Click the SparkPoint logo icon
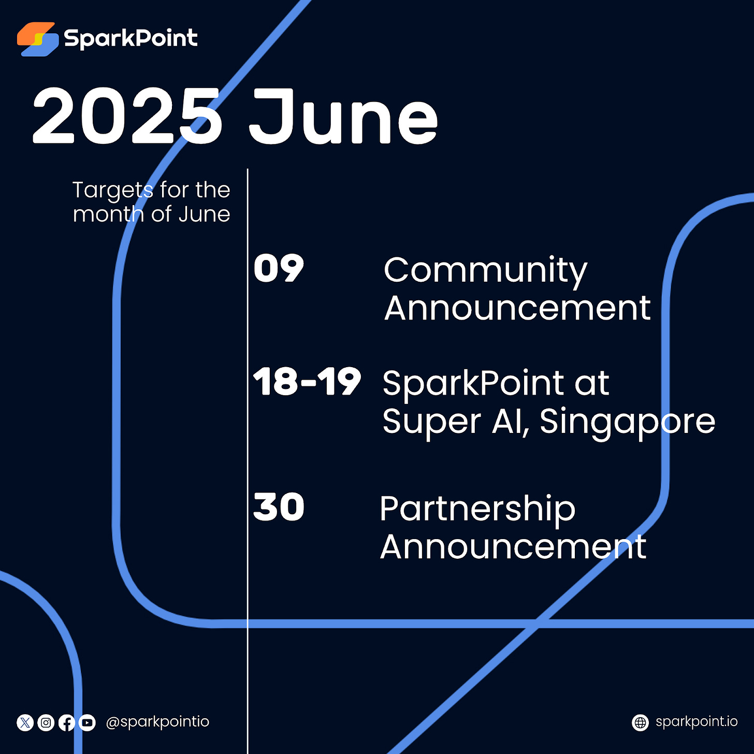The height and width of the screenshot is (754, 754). coord(38,39)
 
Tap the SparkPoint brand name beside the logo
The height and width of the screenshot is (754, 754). coord(130,39)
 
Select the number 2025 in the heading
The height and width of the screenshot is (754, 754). coord(127,117)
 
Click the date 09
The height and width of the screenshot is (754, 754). coord(279,269)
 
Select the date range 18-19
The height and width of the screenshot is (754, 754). coord(307,382)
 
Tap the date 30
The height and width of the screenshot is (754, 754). coord(279,507)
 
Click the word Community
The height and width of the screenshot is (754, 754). coord(485,270)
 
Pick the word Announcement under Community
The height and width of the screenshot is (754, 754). coord(517,309)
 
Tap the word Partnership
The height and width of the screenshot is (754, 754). coord(477,509)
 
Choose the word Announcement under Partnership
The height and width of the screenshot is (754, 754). coord(513,547)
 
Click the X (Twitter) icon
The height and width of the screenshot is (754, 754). coord(25,722)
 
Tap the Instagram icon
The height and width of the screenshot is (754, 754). coord(46,722)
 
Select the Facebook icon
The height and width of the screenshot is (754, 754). coord(67,722)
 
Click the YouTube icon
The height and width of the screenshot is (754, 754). coord(87,722)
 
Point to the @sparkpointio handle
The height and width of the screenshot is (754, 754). coord(157,722)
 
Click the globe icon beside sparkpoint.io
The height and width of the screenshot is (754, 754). coord(641,722)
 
